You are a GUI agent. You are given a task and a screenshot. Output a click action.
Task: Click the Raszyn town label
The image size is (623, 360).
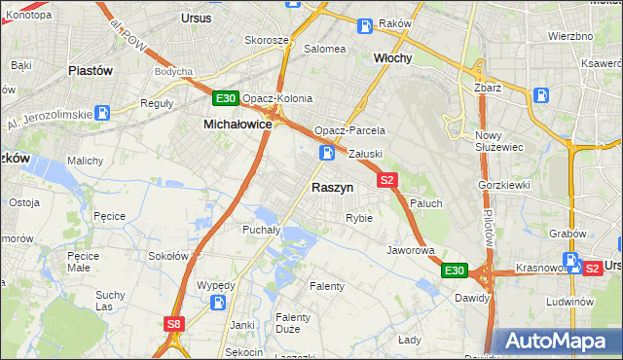click(x=332, y=187)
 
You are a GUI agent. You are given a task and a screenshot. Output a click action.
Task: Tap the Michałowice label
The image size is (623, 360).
click(x=237, y=125)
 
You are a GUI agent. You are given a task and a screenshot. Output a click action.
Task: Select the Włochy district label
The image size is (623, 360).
click(x=393, y=57)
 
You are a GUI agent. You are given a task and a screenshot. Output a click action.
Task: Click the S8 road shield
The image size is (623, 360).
click(x=174, y=324)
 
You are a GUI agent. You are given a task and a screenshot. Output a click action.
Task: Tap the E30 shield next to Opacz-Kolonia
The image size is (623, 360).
click(x=225, y=98)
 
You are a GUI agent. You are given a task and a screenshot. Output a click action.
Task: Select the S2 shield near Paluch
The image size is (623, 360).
click(x=387, y=179)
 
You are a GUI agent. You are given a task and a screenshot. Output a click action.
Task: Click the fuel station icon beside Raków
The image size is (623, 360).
click(x=364, y=25)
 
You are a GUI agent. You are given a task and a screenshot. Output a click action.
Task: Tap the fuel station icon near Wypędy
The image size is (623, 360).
click(x=219, y=303)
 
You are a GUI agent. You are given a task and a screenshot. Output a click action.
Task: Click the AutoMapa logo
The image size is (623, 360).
click(x=557, y=341)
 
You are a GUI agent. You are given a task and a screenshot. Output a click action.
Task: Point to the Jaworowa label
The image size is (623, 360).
click(x=410, y=250)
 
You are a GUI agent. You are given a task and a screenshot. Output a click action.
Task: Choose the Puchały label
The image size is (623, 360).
click(x=261, y=230)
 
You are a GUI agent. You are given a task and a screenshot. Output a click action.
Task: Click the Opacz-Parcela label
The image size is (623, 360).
click(x=349, y=130)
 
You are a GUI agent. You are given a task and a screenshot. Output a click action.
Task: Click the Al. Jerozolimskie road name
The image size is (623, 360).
click(x=49, y=115)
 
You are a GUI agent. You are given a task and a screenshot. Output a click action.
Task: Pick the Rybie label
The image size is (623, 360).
click(x=359, y=218)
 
